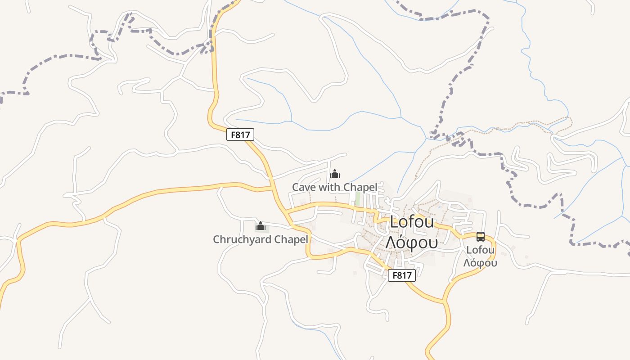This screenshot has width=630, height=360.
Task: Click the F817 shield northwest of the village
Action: click(x=240, y=134)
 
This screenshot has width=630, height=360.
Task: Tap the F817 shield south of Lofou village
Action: click(x=401, y=275)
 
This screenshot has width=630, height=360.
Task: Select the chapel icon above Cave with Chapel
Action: click(x=335, y=174)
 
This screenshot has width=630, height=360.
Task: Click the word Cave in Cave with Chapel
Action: click(x=304, y=187)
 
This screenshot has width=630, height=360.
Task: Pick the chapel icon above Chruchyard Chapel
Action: click(x=260, y=226)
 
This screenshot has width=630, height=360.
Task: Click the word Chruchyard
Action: click(x=241, y=239)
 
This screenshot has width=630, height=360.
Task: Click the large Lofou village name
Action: click(x=412, y=222)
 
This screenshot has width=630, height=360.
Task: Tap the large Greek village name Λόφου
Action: click(x=411, y=242)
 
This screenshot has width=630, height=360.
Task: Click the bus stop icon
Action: click(x=481, y=237)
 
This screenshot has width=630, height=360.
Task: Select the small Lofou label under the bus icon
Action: click(x=481, y=250)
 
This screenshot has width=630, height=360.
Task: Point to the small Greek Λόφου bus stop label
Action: click(x=481, y=263)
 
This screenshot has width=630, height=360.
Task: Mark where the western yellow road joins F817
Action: click(x=272, y=188)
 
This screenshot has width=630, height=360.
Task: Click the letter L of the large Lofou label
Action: click(x=395, y=222)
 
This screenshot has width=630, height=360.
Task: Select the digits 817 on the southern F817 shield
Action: click(x=405, y=275)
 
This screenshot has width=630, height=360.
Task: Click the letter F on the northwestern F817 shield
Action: click(x=233, y=134)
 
